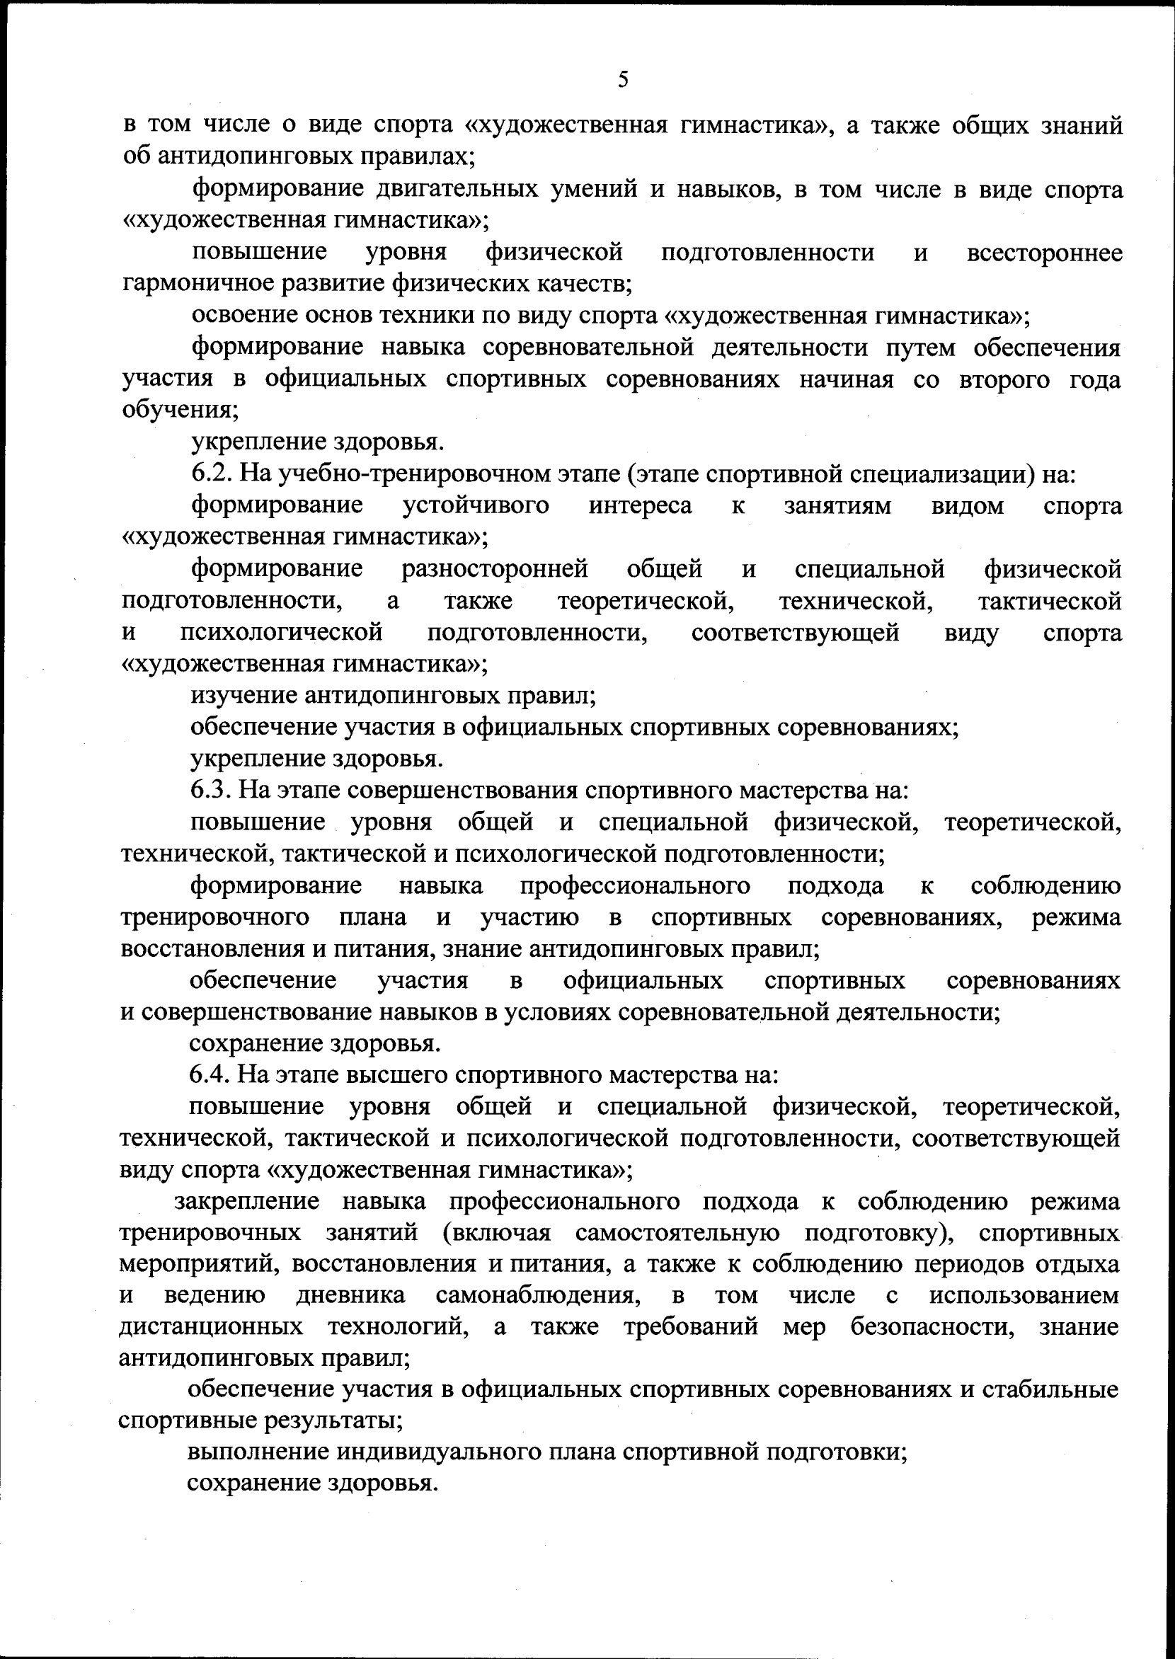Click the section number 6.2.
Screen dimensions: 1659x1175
(x=210, y=474)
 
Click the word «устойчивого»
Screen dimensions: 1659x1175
(x=476, y=505)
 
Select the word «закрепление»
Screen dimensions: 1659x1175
(x=247, y=1201)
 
